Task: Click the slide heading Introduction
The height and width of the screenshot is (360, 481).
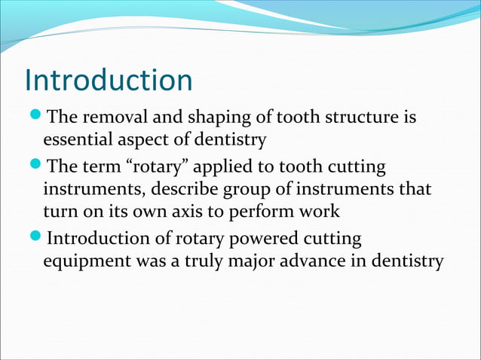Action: (x=109, y=81)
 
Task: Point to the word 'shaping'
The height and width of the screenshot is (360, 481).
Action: (x=212, y=120)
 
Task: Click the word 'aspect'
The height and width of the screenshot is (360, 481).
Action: (x=142, y=141)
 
